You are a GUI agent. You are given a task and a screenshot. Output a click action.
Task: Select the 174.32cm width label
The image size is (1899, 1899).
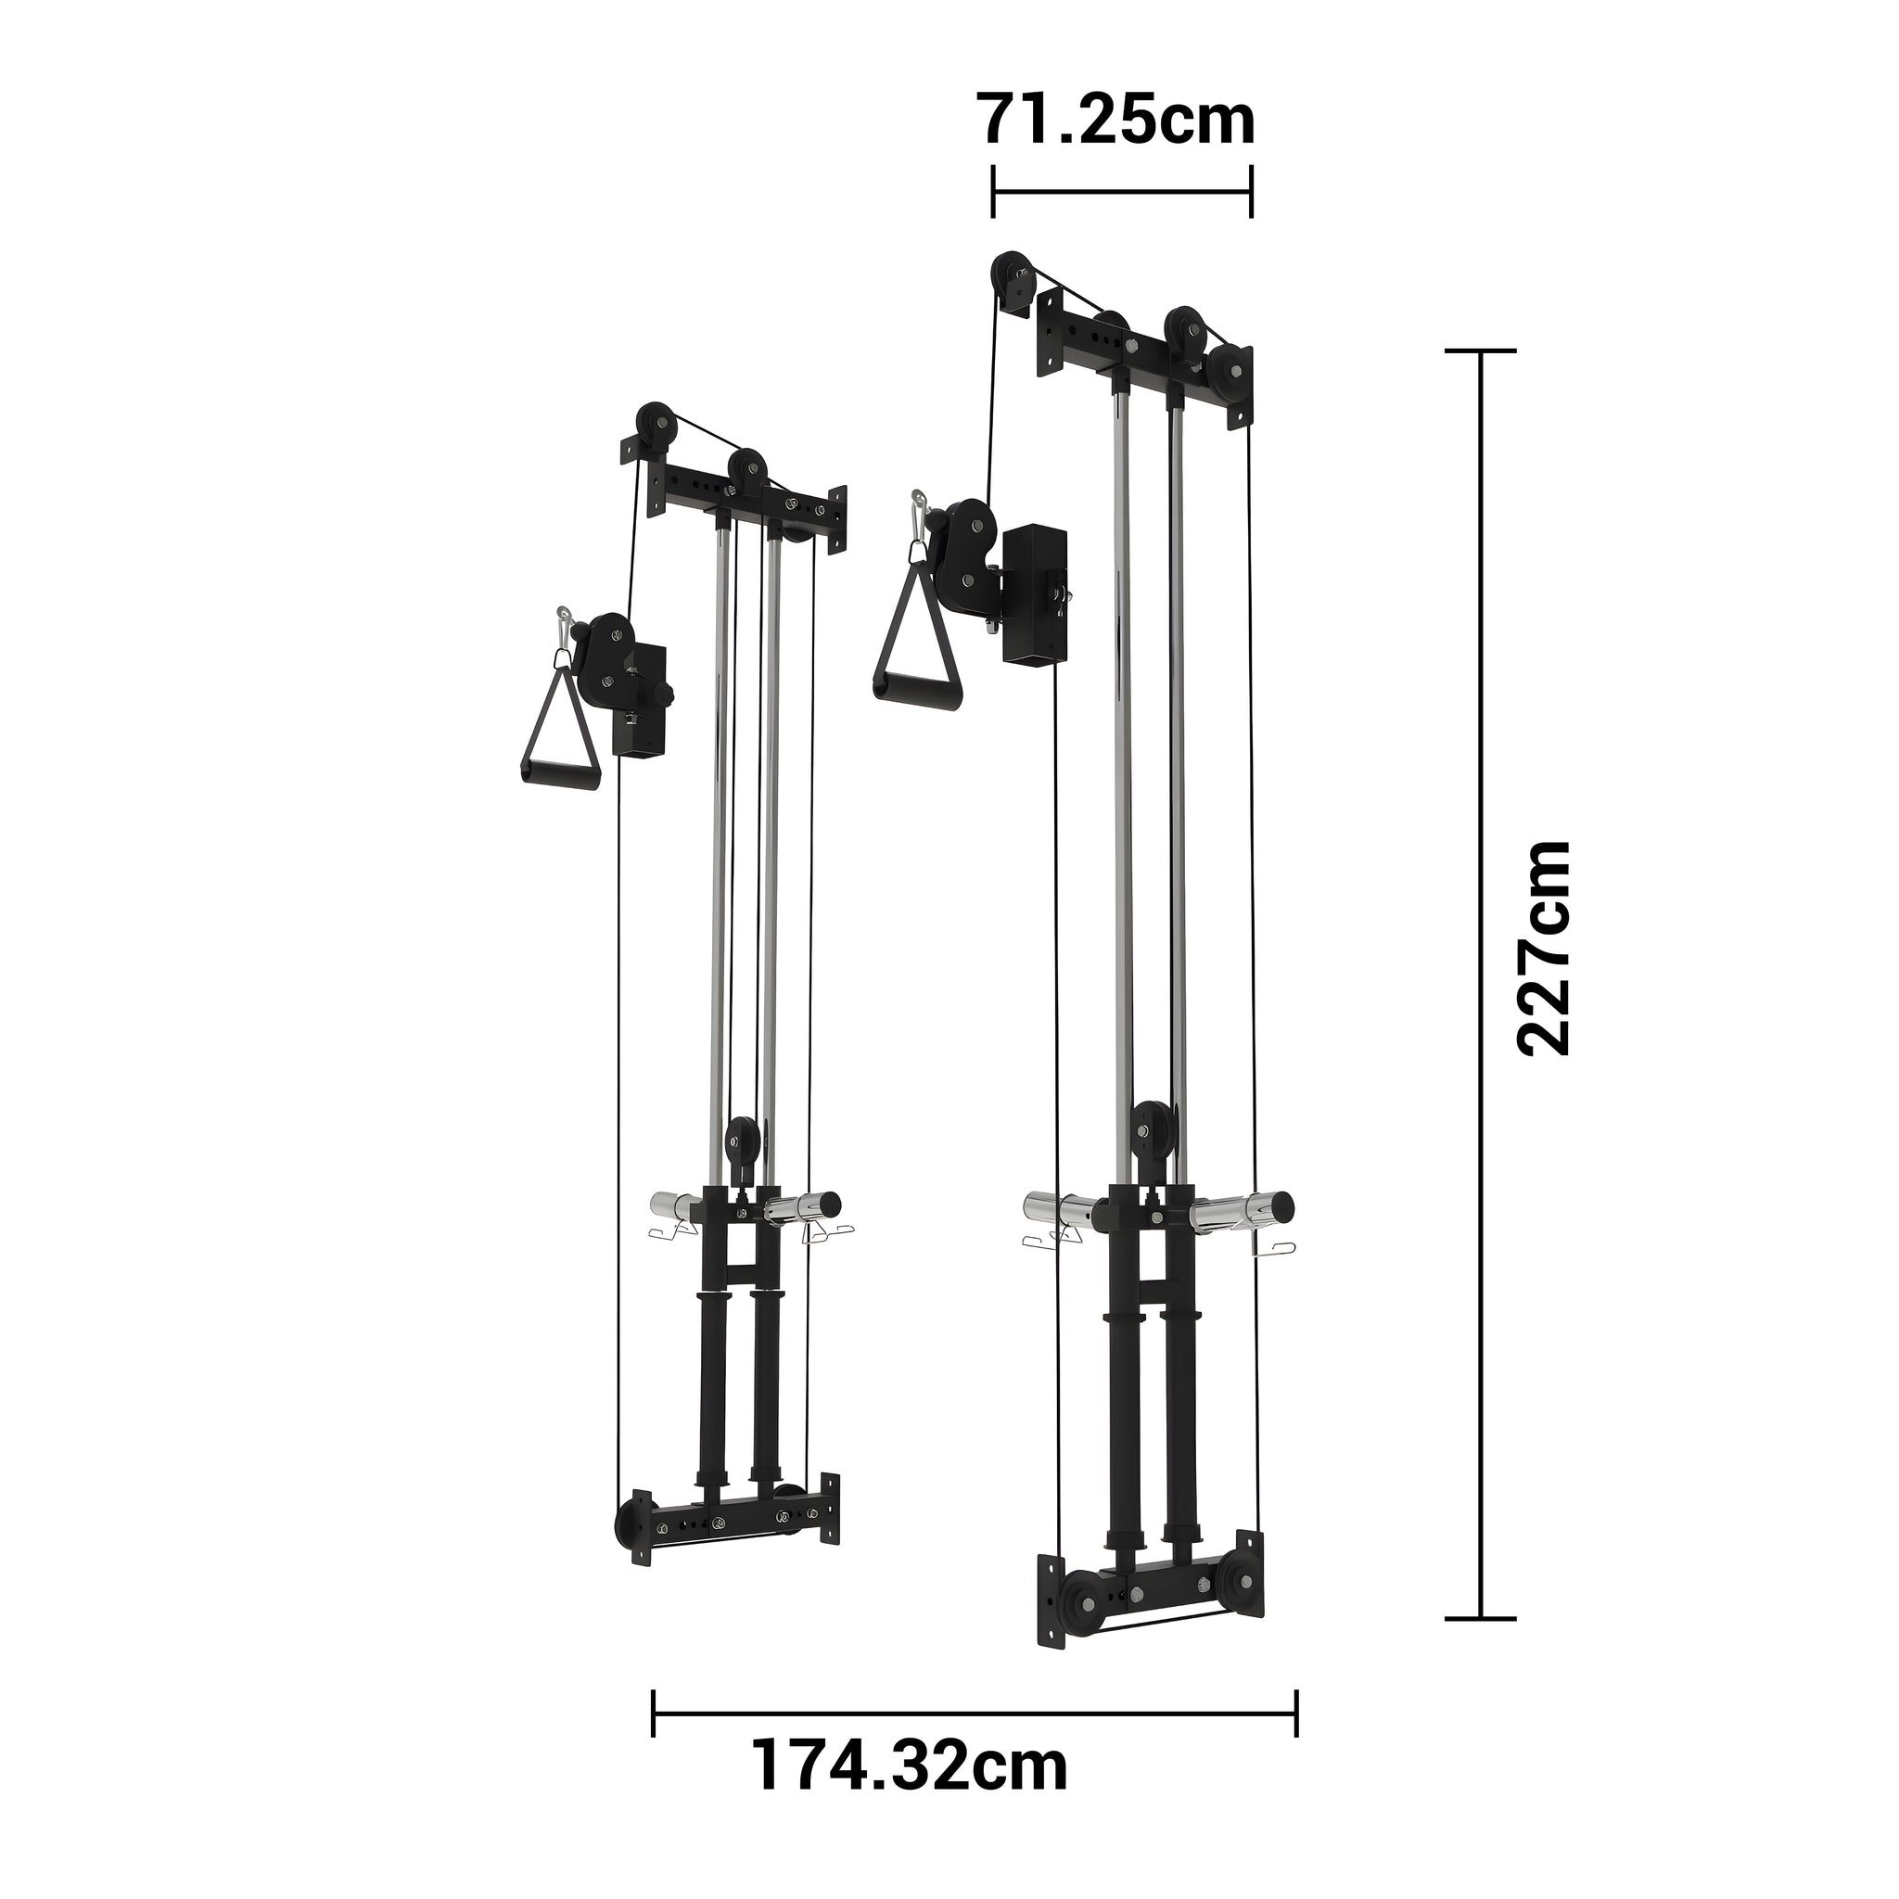(910, 1793)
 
